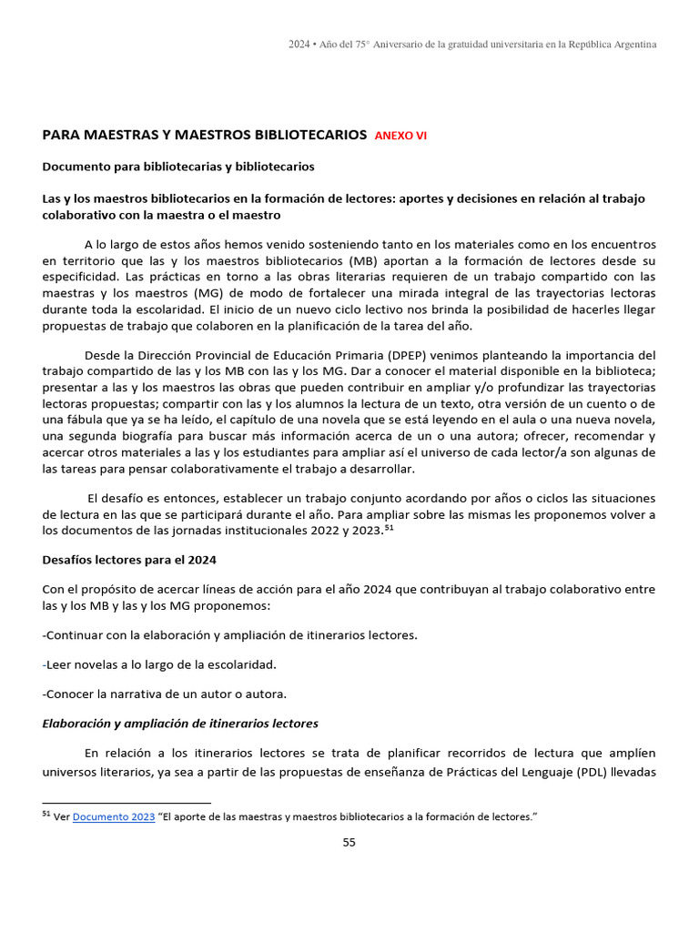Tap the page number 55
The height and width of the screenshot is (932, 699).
click(x=349, y=842)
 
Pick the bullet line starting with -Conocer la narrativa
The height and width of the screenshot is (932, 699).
click(x=164, y=694)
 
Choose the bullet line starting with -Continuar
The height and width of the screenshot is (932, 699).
click(x=229, y=634)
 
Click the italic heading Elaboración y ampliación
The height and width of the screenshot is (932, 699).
click(x=179, y=724)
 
